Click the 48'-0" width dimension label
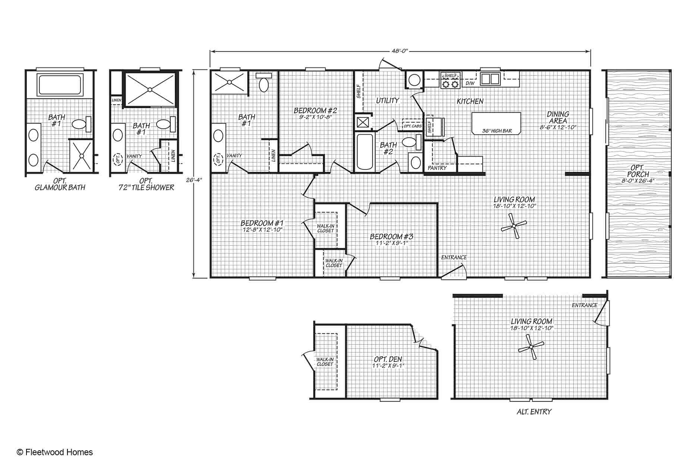pyautogui.click(x=400, y=51)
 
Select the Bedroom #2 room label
pyautogui.click(x=315, y=113)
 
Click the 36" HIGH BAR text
pyautogui.click(x=497, y=131)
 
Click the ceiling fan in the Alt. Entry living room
pyautogui.click(x=531, y=347)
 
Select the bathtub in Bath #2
pyautogui.click(x=364, y=152)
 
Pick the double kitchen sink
pyautogui.click(x=490, y=79)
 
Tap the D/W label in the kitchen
pyautogui.click(x=470, y=84)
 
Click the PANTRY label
pyautogui.click(x=437, y=168)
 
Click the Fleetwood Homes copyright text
pyautogui.click(x=55, y=452)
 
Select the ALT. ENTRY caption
pyautogui.click(x=534, y=412)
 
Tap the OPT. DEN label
pyautogui.click(x=388, y=362)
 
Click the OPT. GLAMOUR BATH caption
pyautogui.click(x=60, y=184)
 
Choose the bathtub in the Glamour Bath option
pyautogui.click(x=60, y=85)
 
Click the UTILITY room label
pyautogui.click(x=387, y=100)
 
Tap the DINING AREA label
pyautogui.click(x=558, y=120)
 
